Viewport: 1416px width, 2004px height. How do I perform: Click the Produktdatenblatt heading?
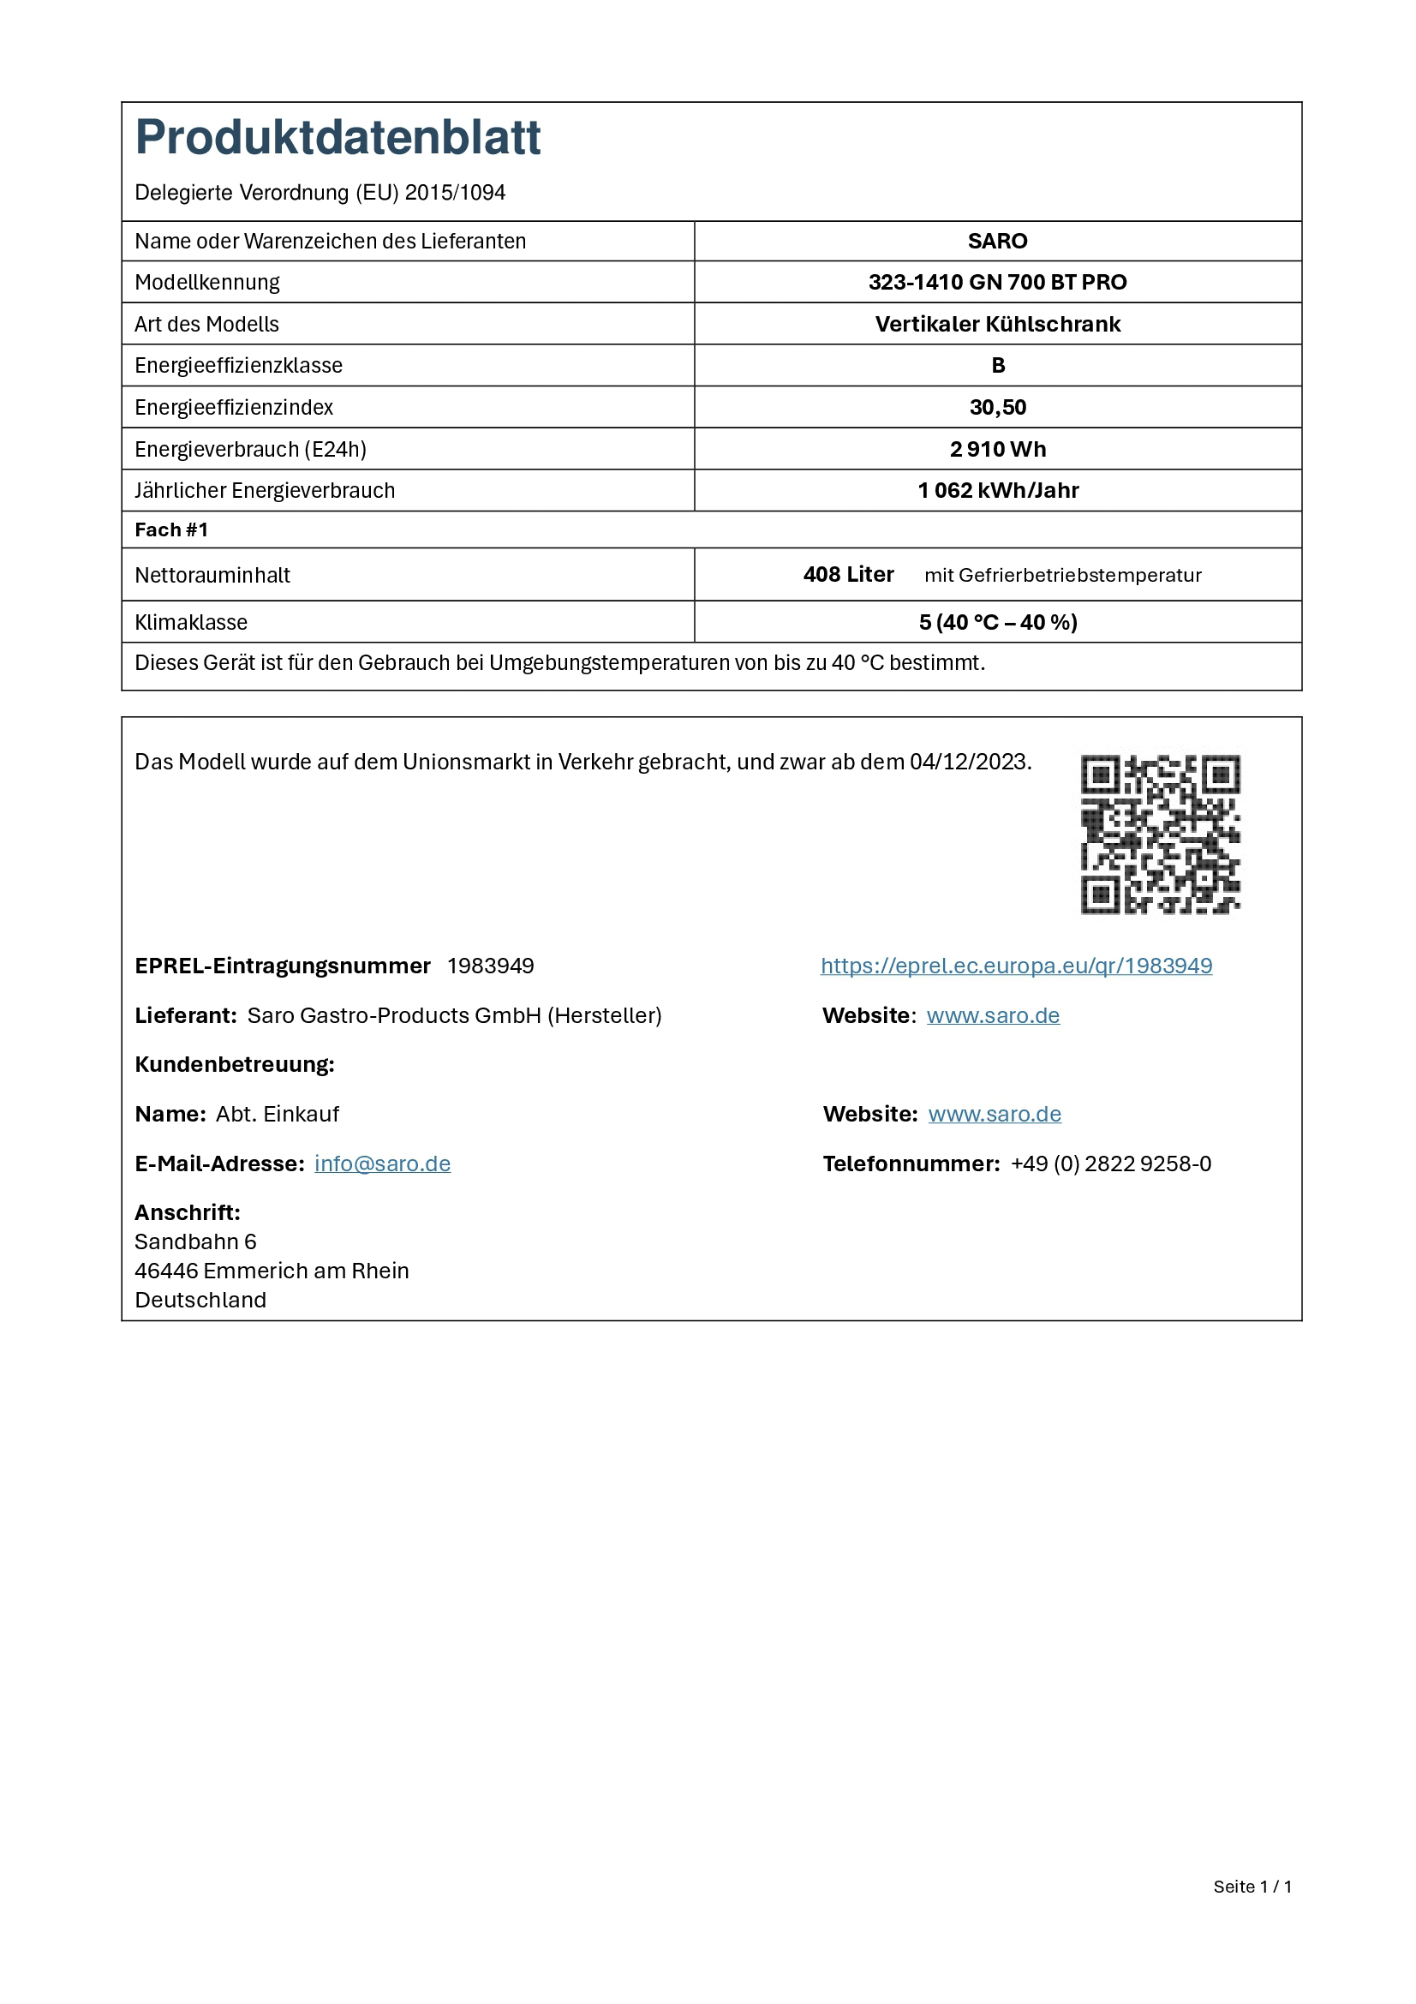coord(338,138)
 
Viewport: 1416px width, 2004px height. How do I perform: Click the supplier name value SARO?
coord(997,241)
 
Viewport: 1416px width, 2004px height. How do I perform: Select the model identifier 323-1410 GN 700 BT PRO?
coord(997,282)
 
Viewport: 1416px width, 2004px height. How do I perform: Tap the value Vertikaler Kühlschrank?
coord(997,324)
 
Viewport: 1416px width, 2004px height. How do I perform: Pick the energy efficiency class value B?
coord(998,365)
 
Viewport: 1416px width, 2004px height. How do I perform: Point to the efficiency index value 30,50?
coord(997,407)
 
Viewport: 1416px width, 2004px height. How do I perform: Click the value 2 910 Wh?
coord(997,449)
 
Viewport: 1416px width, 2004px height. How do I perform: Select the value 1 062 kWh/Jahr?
coord(997,491)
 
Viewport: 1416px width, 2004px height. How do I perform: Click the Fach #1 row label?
coord(171,529)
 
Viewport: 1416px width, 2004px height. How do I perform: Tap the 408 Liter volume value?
coord(848,574)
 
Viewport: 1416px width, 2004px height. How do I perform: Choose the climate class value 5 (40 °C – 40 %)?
coord(997,622)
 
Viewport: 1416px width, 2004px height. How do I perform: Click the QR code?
coord(1160,834)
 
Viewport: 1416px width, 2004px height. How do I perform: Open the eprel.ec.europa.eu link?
coord(1016,966)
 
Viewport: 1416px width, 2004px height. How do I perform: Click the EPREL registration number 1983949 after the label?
coord(490,966)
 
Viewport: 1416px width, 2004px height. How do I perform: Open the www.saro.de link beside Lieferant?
coord(993,1015)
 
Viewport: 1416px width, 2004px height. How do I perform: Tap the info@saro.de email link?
coord(382,1164)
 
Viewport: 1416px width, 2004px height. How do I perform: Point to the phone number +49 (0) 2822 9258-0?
coord(1111,1164)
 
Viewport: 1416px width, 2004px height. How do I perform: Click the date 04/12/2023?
coord(969,762)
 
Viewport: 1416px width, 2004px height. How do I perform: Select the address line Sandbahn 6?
coord(195,1241)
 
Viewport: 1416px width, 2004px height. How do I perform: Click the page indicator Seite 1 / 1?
coord(1252,1886)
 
